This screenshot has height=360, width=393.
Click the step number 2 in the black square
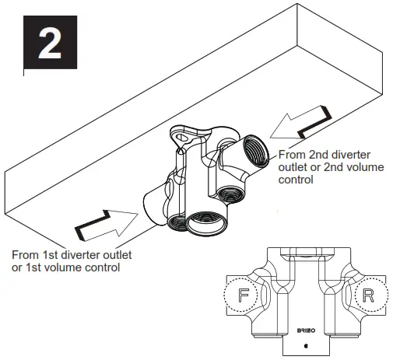[51, 44]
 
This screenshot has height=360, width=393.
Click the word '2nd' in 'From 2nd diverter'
[320, 155]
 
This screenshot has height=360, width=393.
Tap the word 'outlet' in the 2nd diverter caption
[294, 167]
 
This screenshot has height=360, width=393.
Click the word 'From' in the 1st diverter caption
[26, 254]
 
